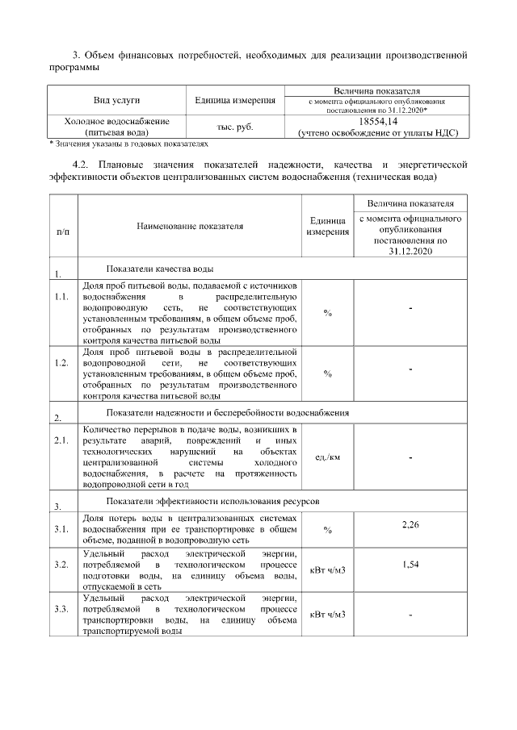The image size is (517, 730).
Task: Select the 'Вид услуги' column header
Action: pyautogui.click(x=116, y=99)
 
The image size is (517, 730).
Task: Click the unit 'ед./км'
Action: pyautogui.click(x=327, y=457)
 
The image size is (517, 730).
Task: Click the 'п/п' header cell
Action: pyautogui.click(x=63, y=232)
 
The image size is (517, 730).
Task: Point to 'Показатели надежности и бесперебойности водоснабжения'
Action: pyautogui.click(x=228, y=412)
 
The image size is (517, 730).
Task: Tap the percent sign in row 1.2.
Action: pyautogui.click(x=327, y=373)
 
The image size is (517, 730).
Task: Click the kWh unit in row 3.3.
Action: pyautogui.click(x=327, y=615)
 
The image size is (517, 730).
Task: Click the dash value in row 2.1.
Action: pyautogui.click(x=410, y=457)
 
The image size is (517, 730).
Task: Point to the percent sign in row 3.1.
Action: pyautogui.click(x=327, y=530)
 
